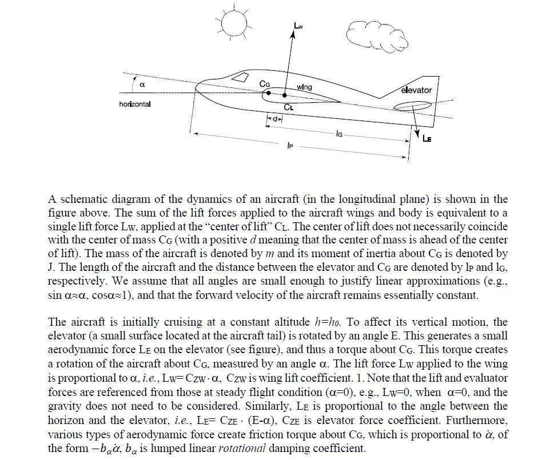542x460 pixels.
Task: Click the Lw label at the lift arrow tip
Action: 299,26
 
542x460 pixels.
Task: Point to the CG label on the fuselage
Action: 265,84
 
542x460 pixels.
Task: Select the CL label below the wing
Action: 288,106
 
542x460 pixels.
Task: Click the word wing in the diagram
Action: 305,87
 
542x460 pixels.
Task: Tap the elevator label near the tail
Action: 416,90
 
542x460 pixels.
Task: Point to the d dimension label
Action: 275,119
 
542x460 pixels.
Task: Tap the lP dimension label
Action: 291,146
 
